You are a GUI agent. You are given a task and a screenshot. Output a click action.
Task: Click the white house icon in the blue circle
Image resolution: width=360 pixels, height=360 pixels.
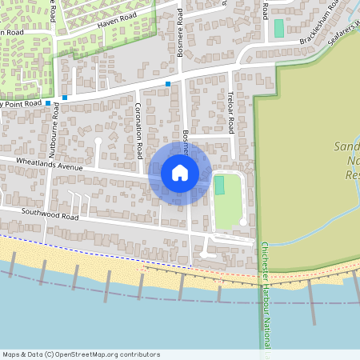click(180, 172)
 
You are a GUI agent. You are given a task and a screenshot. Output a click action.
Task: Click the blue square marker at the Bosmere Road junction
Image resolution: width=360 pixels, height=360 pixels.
click(168, 84)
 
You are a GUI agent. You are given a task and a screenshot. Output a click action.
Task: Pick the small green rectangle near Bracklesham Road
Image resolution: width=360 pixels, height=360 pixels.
click(279, 28)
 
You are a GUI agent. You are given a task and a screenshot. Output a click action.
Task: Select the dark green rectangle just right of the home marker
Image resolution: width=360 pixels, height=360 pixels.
click(219, 185)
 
